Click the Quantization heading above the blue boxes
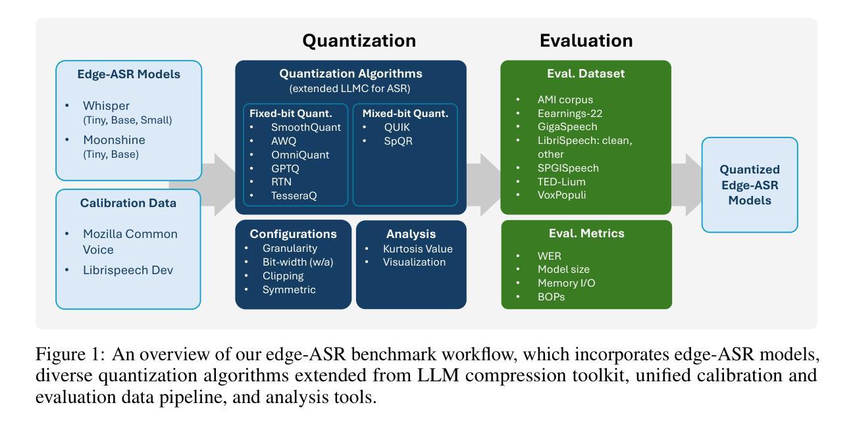[x=359, y=40]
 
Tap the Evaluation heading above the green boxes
[x=586, y=40]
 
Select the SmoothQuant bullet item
[x=306, y=128]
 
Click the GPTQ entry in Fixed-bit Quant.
[x=285, y=168]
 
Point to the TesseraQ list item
[x=294, y=196]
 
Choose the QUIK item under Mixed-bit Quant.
[x=397, y=128]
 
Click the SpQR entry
[x=398, y=141]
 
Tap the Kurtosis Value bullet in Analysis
[x=417, y=249]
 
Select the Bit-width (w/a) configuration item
[x=298, y=262]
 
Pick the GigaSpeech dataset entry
[x=567, y=127]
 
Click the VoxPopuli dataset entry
[x=561, y=195]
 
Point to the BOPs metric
[x=551, y=297]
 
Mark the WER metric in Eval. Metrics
[x=549, y=256]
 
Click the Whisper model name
[x=106, y=106]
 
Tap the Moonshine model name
[x=114, y=140]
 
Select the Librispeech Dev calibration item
[x=128, y=270]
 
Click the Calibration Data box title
[x=128, y=203]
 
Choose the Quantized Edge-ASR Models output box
[x=750, y=185]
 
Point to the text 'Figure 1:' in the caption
[x=70, y=354]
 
